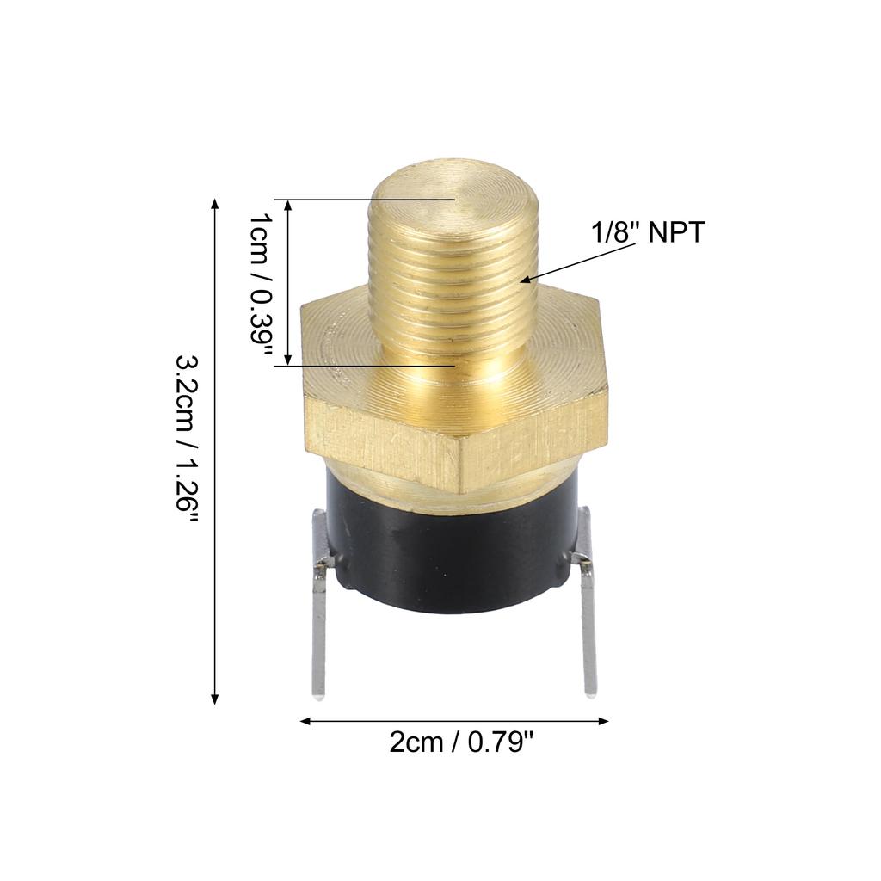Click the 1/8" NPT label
point(648,232)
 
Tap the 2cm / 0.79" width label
point(461,742)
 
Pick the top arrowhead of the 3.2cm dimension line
point(214,203)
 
